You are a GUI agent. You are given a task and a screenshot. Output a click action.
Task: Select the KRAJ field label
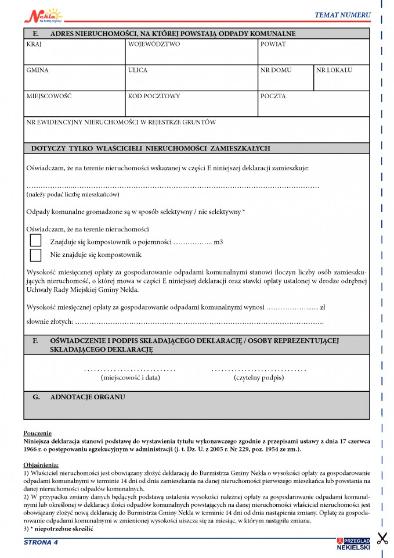click(34, 44)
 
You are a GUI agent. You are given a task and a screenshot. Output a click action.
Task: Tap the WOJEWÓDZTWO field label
click(154, 44)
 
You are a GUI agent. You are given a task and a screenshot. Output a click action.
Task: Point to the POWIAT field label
click(273, 44)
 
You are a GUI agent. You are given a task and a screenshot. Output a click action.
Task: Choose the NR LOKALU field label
click(334, 70)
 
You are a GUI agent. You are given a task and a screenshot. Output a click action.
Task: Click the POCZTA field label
click(273, 96)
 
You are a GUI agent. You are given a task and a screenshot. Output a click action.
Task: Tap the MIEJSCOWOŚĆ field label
click(49, 96)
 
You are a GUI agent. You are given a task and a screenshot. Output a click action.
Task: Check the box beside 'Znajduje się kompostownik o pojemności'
click(36, 241)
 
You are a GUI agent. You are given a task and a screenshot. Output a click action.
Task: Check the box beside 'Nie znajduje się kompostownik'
click(36, 255)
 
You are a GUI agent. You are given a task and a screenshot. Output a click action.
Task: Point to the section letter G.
click(36, 398)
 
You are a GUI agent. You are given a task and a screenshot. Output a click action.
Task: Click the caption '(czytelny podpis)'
click(259, 377)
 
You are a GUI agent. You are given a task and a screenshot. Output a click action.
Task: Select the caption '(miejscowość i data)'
click(130, 377)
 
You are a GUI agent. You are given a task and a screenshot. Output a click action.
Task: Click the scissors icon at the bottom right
click(382, 538)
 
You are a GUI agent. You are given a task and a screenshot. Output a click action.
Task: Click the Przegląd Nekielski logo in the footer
click(352, 542)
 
